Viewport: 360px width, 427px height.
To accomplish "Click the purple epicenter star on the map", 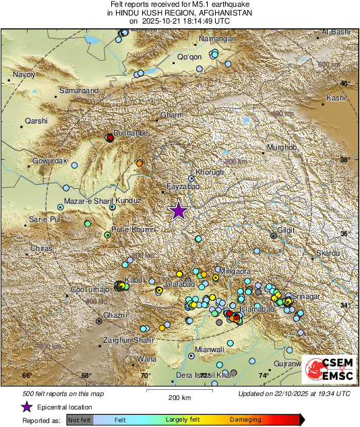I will (178, 210).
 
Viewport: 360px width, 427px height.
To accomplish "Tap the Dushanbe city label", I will (130, 134).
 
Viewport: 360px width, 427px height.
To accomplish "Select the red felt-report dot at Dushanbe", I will (110, 138).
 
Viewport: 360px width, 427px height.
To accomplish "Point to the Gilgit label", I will (286, 230).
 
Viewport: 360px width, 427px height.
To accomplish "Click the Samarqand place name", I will (79, 90).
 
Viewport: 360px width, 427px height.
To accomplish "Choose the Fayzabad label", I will (183, 186).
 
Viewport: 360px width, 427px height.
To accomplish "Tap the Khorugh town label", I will (209, 172).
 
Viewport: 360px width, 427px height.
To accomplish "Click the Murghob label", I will (282, 147).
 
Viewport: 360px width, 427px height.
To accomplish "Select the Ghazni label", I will (115, 315).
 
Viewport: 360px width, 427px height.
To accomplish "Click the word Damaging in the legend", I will (245, 420).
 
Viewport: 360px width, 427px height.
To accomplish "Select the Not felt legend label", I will (80, 420).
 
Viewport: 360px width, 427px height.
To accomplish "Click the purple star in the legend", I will (26, 407).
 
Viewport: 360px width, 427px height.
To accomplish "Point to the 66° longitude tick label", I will (27, 375).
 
